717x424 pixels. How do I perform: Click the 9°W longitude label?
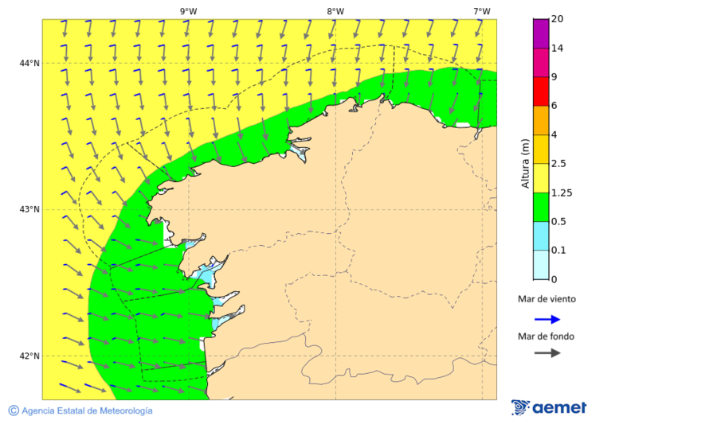(188, 11)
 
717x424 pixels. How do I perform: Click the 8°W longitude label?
(335, 11)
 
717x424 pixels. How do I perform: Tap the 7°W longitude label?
(481, 11)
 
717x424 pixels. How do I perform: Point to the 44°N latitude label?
(29, 63)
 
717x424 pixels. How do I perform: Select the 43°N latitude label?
(29, 209)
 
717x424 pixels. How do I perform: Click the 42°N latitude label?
(29, 356)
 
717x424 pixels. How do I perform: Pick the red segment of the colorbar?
(541, 91)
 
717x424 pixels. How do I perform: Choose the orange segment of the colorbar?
(541, 120)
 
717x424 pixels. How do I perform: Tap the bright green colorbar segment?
(541, 207)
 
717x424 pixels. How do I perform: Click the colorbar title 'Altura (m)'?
(525, 163)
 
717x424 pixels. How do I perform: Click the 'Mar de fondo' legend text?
(546, 336)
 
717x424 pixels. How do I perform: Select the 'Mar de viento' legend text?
(547, 300)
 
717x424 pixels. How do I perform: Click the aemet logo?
(549, 407)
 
